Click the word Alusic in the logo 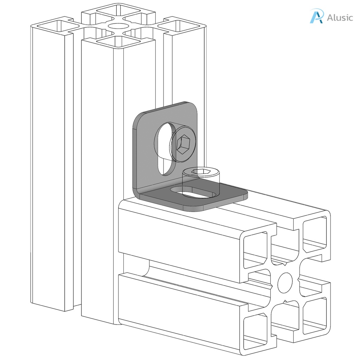tap(339, 18)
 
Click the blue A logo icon tap(316, 16)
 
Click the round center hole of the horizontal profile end tap(285, 282)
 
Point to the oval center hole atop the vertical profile tap(118, 26)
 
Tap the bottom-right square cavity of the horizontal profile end tap(315, 315)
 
